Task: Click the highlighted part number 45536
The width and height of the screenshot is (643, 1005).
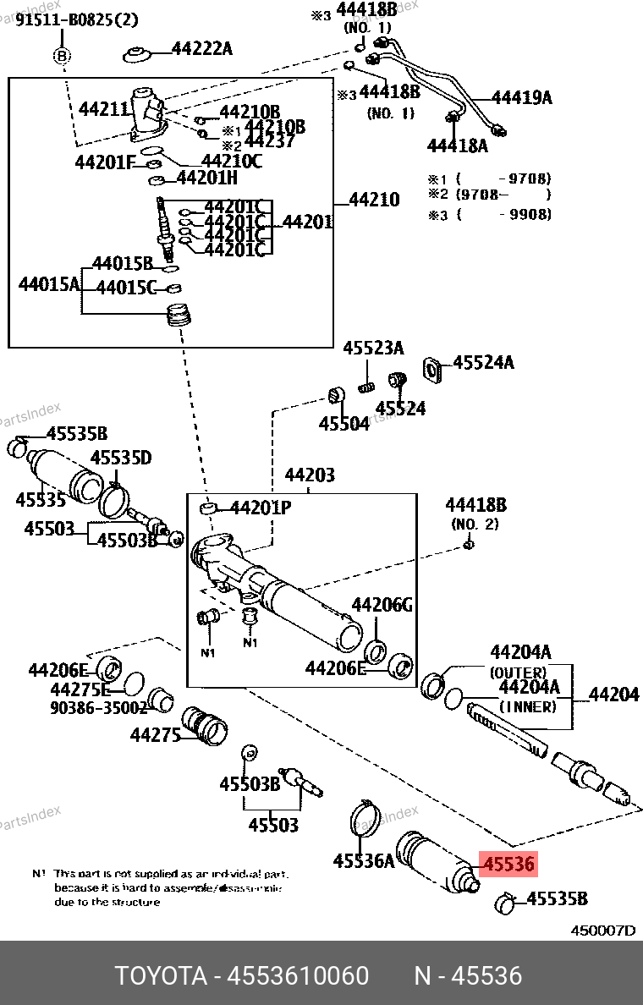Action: coord(508,864)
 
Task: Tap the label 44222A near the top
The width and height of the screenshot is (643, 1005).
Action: coord(201,48)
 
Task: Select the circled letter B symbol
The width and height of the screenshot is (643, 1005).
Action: coord(62,56)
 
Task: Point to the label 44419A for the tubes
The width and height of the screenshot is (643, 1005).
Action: coord(521,98)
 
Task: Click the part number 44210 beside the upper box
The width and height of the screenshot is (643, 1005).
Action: coord(373,200)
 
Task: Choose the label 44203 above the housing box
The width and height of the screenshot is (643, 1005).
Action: coord(309,475)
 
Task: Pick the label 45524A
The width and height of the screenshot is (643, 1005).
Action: coord(483,363)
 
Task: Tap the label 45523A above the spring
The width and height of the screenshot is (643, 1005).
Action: coord(373,348)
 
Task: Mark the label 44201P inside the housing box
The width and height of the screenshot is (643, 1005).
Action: coord(261,508)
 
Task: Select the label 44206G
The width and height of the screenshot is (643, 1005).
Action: coord(382,605)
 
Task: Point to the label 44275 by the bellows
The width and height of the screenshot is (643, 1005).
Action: coord(156,735)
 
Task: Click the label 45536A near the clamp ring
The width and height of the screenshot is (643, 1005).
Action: coord(364,861)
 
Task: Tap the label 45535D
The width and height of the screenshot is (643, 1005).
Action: coord(121,458)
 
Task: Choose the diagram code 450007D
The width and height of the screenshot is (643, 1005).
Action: coord(602,930)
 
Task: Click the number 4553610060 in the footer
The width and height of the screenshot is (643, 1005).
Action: coord(297,976)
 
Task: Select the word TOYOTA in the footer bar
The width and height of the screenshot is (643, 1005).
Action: coord(161,976)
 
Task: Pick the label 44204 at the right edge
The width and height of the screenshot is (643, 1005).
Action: coord(613,695)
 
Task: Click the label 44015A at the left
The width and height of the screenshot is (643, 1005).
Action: coord(49,283)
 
